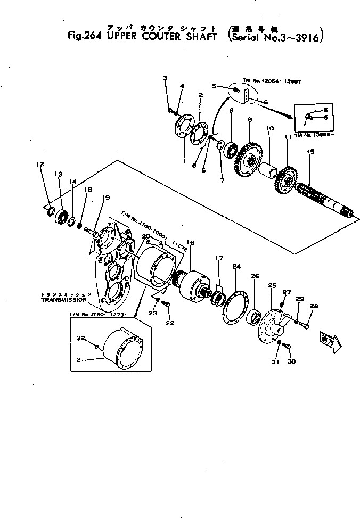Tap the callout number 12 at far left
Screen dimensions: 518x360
[x=39, y=165]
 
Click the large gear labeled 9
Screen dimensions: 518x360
[x=250, y=157]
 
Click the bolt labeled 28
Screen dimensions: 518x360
[x=305, y=326]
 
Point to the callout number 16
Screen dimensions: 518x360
[x=191, y=243]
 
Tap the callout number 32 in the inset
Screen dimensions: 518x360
[x=81, y=338]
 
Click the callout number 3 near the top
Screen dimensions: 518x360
[x=165, y=78]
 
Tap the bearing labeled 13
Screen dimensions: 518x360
[x=63, y=216]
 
